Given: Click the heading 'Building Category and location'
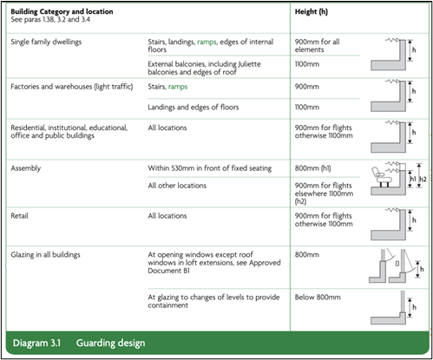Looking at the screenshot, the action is [x=62, y=11].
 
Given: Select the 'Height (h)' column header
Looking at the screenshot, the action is [x=312, y=12].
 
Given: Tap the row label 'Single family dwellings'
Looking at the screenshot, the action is [x=46, y=42].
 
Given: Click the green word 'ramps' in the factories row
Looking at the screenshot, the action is [x=178, y=87].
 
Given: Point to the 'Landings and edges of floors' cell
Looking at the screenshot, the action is [x=194, y=108].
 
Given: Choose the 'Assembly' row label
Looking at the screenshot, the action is [x=26, y=168].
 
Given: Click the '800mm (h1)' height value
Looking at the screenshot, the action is [x=312, y=168].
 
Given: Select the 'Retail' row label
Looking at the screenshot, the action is [x=19, y=216].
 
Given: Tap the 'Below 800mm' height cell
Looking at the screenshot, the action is [x=318, y=298].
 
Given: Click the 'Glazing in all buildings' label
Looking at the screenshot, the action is [x=45, y=255].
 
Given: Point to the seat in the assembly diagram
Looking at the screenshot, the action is [x=381, y=177].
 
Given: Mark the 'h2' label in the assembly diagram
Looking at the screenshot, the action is [x=423, y=179].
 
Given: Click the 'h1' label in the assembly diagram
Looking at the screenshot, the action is [x=413, y=179].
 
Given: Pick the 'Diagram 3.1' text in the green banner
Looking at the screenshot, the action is [x=36, y=343].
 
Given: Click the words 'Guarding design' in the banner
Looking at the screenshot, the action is [x=110, y=344].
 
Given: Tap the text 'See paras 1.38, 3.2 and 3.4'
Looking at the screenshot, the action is [x=50, y=20].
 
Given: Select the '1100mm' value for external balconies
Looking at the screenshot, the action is [x=307, y=64].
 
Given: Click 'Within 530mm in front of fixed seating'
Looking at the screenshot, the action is [x=210, y=168].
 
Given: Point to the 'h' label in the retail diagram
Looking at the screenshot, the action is [x=414, y=220].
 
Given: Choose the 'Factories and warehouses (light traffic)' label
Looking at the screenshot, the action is [x=72, y=87].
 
